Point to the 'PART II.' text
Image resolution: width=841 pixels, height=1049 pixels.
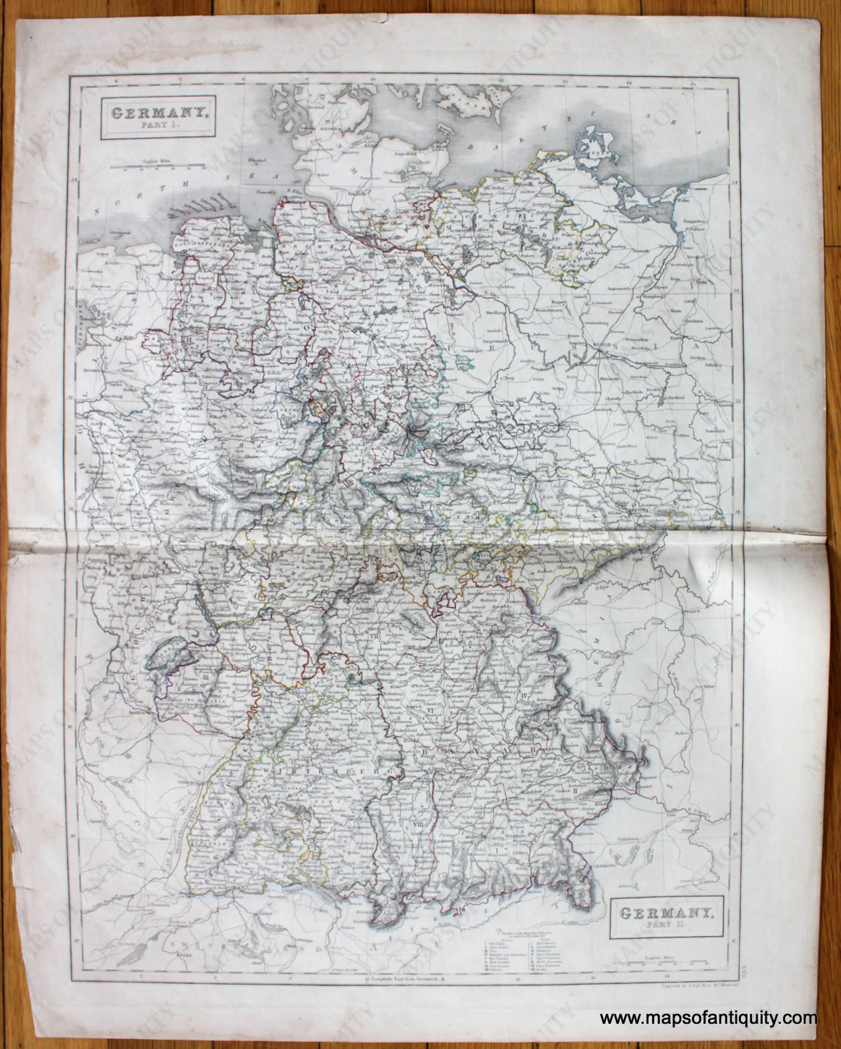pyautogui.click(x=667, y=923)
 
